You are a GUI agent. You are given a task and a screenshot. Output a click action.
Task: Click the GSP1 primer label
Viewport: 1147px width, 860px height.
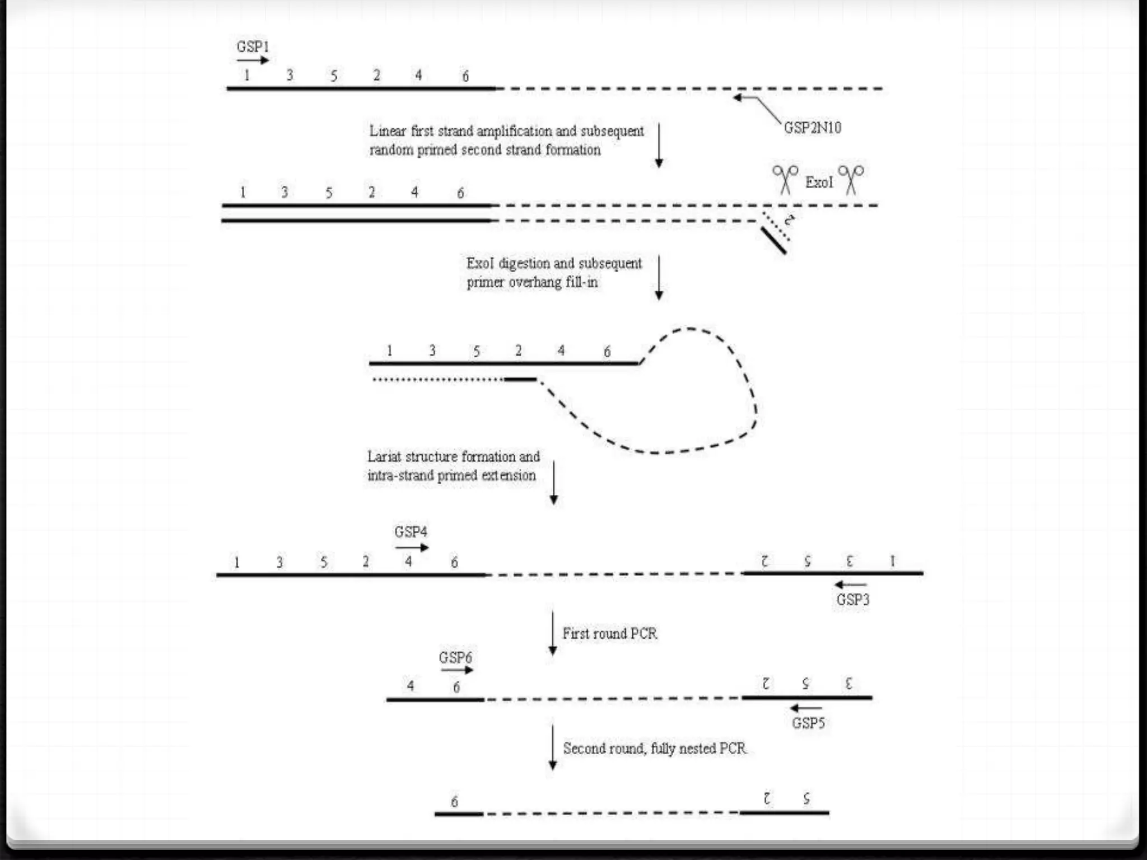click(253, 46)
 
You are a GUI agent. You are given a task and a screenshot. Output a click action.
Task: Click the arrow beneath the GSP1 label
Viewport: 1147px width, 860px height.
click(253, 60)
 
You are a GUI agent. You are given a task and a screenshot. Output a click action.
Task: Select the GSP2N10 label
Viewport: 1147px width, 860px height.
click(812, 128)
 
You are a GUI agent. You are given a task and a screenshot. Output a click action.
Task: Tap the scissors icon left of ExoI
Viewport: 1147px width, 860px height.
click(785, 179)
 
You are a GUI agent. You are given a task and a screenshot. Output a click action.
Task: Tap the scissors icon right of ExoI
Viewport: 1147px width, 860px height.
click(851, 179)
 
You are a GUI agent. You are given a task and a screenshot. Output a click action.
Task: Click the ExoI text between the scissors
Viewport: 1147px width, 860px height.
click(819, 182)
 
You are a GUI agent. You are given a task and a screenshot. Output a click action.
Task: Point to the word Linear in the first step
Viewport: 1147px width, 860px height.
click(387, 131)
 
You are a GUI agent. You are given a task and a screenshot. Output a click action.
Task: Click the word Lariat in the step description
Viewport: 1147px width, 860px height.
click(384, 457)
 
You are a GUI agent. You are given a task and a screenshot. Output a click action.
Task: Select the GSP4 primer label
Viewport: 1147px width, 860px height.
click(411, 531)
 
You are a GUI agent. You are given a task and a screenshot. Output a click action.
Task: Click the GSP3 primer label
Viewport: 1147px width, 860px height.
click(852, 600)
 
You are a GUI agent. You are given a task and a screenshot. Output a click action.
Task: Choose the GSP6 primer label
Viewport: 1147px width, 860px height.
click(455, 657)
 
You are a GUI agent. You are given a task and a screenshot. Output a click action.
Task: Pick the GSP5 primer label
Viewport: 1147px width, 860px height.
click(808, 723)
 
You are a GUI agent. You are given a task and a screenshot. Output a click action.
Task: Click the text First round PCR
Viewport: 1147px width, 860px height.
click(609, 634)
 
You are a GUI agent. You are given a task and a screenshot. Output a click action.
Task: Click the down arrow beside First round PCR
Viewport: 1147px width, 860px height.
click(552, 633)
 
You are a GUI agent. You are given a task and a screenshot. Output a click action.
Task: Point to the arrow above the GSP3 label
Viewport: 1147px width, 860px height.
click(850, 585)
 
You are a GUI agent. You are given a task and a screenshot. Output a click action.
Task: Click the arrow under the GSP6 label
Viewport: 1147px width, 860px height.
click(457, 670)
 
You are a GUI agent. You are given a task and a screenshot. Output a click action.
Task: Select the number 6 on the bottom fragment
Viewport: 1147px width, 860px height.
click(454, 802)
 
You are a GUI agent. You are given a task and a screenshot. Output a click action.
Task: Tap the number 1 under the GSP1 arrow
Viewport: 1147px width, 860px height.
click(246, 75)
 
